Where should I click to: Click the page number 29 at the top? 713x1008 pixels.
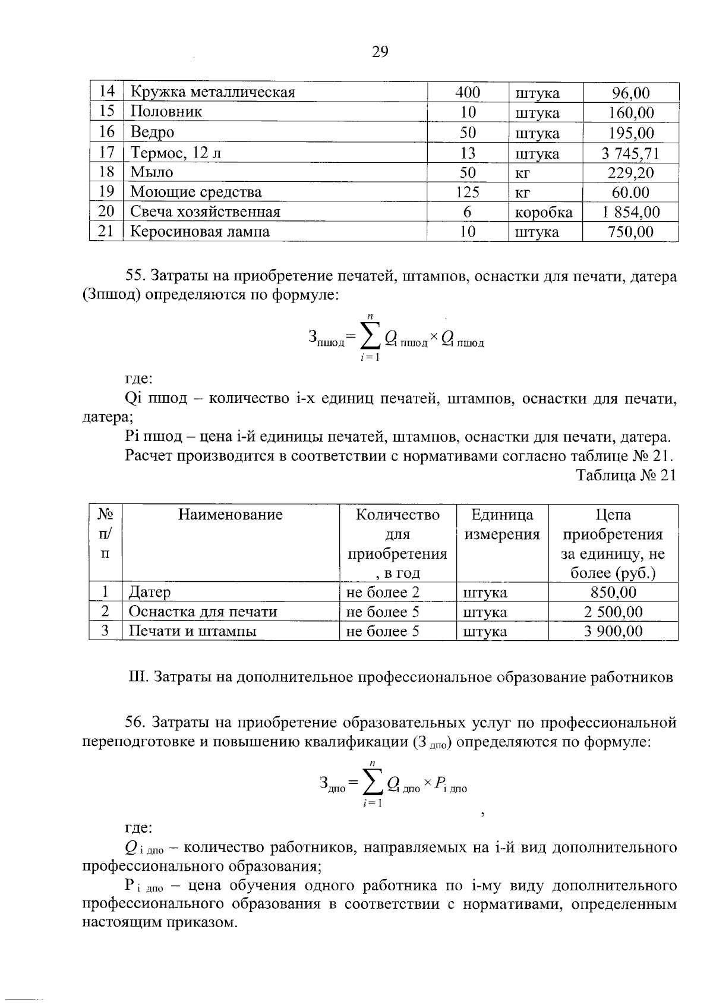click(x=380, y=52)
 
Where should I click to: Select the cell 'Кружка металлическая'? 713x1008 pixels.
click(x=213, y=92)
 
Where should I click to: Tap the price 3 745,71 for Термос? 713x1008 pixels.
click(x=630, y=153)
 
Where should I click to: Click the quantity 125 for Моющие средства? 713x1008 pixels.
click(x=468, y=192)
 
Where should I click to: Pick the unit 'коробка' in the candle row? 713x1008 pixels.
click(x=543, y=212)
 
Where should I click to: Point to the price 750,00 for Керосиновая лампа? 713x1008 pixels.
click(x=630, y=232)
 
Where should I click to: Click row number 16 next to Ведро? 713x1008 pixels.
click(x=106, y=132)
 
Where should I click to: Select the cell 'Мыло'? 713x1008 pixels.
click(x=152, y=172)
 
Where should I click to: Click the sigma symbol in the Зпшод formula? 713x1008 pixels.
click(x=369, y=338)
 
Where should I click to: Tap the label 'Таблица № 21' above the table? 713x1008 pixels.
click(x=626, y=476)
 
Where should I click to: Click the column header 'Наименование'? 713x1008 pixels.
click(x=230, y=515)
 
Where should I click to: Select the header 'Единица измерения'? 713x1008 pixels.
click(x=502, y=524)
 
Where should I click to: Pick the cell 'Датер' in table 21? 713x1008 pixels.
click(x=150, y=593)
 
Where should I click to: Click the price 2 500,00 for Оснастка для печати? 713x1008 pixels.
click(x=613, y=612)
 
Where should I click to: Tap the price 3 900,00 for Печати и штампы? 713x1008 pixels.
click(x=613, y=631)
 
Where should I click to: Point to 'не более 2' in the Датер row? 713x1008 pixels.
click(x=383, y=593)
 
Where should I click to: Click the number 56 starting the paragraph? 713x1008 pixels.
click(x=135, y=723)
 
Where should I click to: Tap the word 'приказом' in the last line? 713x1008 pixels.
click(x=204, y=924)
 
